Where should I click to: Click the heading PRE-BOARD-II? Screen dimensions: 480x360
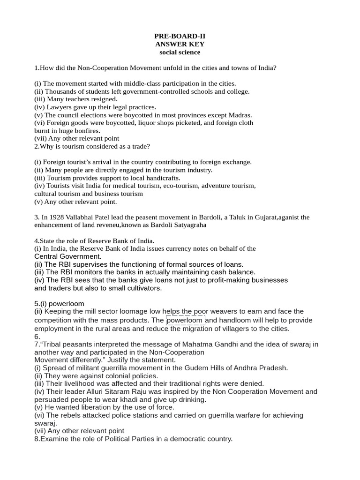pos(180,36)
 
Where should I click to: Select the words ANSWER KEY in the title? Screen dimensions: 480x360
pos(180,44)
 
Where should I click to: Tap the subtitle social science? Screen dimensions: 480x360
pos(180,52)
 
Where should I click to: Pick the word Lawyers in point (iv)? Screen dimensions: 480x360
pos(57,107)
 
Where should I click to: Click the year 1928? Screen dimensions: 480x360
pos(57,217)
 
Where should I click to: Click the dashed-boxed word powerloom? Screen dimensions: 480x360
pos(185,321)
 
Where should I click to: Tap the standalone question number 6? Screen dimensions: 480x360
pos(37,337)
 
